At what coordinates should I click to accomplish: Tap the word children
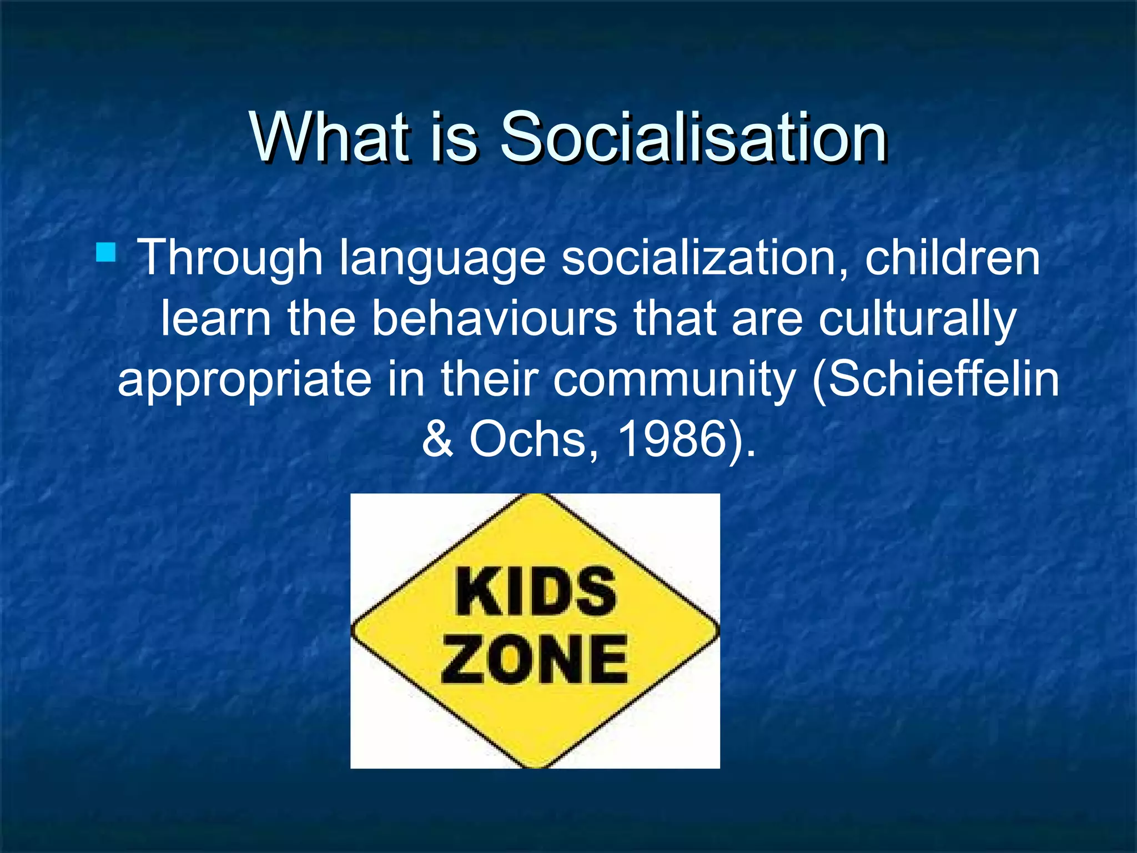point(952,257)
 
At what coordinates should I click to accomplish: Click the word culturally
point(917,321)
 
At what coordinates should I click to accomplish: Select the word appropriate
point(244,380)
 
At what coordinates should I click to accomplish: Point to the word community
point(674,380)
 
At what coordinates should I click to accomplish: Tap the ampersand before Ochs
point(438,439)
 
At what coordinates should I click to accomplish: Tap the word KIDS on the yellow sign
point(535,592)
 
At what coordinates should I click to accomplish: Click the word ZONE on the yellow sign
point(534,659)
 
